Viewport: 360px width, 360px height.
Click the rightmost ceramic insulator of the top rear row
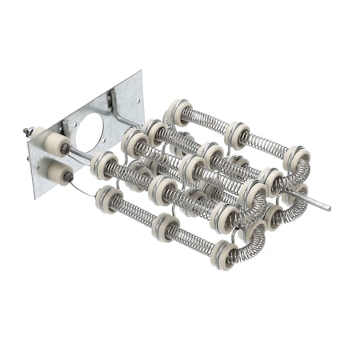[x=295, y=158]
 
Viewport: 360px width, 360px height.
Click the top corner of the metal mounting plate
[x=141, y=72]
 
